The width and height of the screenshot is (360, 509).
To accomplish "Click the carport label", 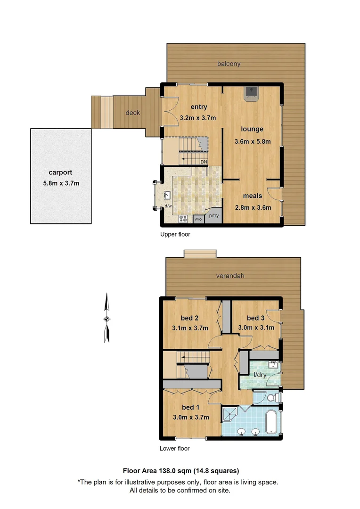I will point(60,172).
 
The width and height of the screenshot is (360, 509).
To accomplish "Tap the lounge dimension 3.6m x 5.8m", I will point(252,141).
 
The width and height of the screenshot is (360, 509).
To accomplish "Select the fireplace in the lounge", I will point(251,92).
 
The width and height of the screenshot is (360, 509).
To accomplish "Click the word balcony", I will point(229,64).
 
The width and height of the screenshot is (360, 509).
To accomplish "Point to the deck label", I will point(132,113).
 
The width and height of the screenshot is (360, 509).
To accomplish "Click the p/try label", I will point(214,216).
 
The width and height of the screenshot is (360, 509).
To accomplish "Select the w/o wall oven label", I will point(198,219).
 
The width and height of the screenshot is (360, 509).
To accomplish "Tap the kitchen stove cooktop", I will point(183,219).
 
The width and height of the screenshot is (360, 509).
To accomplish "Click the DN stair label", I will point(204,162).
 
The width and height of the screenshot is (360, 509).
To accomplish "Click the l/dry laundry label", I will point(260,375).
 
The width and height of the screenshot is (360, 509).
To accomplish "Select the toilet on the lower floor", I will point(270,399).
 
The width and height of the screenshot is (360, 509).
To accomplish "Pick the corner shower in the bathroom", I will point(230,415).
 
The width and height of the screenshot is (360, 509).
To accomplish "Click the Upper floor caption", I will point(175,234).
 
